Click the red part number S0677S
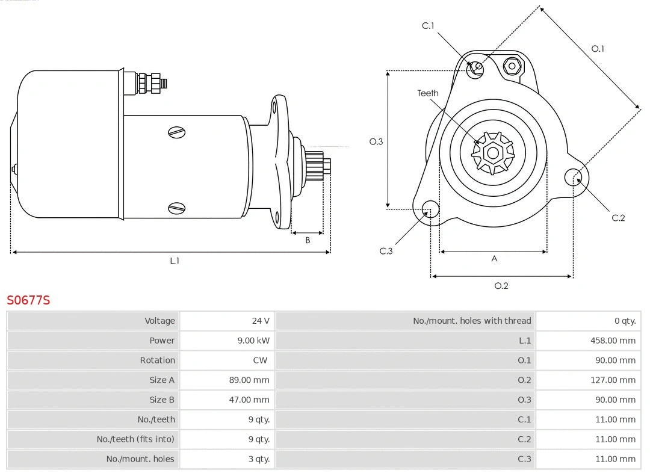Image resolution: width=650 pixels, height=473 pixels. pyautogui.click(x=28, y=300)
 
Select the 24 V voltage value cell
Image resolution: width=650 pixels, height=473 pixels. pyautogui.click(x=261, y=321)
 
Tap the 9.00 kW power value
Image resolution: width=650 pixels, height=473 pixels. pyautogui.click(x=253, y=341)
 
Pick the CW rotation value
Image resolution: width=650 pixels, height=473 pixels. pyautogui.click(x=260, y=360)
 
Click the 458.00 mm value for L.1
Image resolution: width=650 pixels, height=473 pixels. pyautogui.click(x=613, y=341)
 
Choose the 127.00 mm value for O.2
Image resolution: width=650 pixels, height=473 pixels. pyautogui.click(x=613, y=380)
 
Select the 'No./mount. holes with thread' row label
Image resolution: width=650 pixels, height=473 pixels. pyautogui.click(x=472, y=321)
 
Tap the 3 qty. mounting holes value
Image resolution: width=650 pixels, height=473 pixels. pyautogui.click(x=259, y=459)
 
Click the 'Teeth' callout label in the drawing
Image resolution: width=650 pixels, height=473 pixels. pyautogui.click(x=428, y=93)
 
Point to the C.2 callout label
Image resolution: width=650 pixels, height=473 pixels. pyautogui.click(x=618, y=218)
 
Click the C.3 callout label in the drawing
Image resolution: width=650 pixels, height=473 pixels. pyautogui.click(x=386, y=251)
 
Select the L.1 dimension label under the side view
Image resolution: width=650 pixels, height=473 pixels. pyautogui.click(x=175, y=261)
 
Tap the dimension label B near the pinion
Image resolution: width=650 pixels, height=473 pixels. pyautogui.click(x=308, y=240)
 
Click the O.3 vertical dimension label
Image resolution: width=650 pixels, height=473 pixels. pyautogui.click(x=376, y=142)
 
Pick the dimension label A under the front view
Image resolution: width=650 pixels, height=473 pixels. pyautogui.click(x=495, y=259)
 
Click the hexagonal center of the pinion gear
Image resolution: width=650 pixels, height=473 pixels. pyautogui.click(x=493, y=153)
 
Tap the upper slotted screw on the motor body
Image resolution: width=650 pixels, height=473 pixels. pyautogui.click(x=177, y=132)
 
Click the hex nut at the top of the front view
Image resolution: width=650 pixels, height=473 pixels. pyautogui.click(x=512, y=66)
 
